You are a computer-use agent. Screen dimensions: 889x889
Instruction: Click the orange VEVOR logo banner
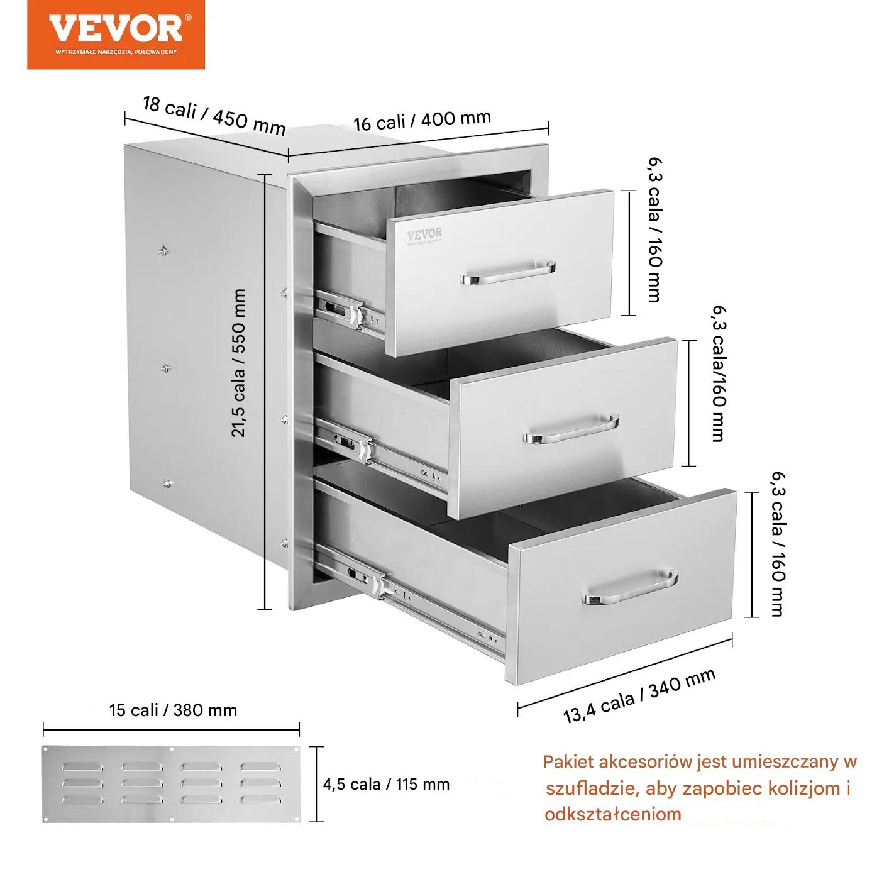pyautogui.click(x=116, y=35)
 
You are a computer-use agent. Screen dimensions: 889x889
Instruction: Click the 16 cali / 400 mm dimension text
pyautogui.click(x=422, y=121)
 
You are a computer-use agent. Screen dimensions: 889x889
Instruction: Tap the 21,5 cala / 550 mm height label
pyautogui.click(x=238, y=363)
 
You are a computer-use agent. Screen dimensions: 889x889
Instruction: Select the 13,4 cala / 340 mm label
pyautogui.click(x=639, y=696)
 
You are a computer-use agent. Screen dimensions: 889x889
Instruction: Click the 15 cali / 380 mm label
pyautogui.click(x=174, y=710)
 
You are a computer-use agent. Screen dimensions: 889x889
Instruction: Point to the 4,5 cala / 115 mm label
pyautogui.click(x=386, y=784)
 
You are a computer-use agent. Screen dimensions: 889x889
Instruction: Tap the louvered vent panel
pyautogui.click(x=171, y=784)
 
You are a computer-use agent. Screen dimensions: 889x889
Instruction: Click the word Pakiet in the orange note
pyautogui.click(x=568, y=761)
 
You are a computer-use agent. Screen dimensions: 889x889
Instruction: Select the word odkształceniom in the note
pyautogui.click(x=613, y=814)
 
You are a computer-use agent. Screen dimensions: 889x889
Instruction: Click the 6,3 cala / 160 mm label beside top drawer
pyautogui.click(x=655, y=230)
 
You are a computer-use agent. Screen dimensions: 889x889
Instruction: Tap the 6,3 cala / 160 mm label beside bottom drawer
pyautogui.click(x=778, y=544)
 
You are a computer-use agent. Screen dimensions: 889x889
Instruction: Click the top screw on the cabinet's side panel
pyautogui.click(x=163, y=250)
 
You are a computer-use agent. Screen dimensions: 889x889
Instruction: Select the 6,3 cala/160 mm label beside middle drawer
pyautogui.click(x=719, y=373)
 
